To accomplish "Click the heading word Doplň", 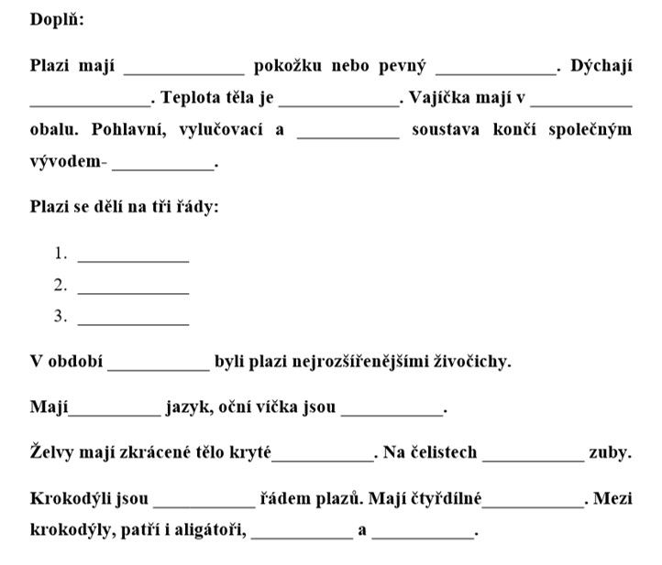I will (56, 19).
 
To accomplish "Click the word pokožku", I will (286, 66).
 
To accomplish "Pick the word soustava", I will (447, 129).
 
